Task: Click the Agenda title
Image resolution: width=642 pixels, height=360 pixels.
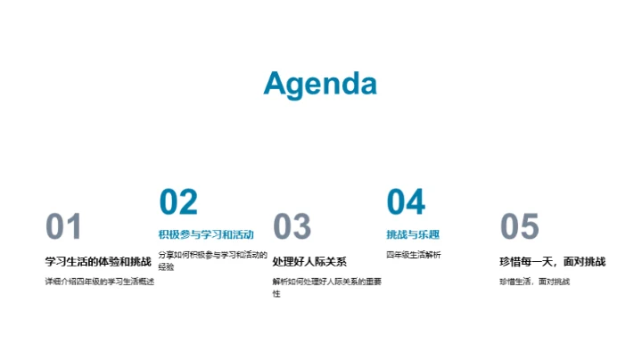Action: (x=320, y=84)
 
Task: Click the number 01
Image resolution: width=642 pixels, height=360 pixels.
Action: (x=63, y=227)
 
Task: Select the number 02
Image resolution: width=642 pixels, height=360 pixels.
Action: (x=177, y=202)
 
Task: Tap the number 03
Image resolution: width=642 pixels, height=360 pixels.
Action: (x=292, y=227)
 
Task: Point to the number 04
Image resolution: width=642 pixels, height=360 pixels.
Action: (x=406, y=202)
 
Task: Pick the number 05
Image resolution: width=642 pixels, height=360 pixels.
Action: (x=520, y=227)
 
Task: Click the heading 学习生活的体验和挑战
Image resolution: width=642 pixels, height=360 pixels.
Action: (x=98, y=261)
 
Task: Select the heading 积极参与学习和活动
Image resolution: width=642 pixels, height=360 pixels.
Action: (x=206, y=235)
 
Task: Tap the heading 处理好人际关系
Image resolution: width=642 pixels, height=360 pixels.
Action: (x=309, y=261)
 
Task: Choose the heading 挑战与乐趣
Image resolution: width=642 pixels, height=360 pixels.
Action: (x=413, y=235)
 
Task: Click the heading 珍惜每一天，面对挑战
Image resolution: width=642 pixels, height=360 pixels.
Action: (x=553, y=261)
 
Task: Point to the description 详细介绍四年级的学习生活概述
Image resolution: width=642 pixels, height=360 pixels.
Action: (x=100, y=282)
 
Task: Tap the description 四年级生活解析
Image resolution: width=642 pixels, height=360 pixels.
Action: (x=414, y=255)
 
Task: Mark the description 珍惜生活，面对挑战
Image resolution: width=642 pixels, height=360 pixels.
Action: (x=534, y=282)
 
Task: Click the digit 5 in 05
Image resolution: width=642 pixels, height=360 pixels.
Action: (x=530, y=227)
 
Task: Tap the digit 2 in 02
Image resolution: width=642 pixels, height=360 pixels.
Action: (x=188, y=202)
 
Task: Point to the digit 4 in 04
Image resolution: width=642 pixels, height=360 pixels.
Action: (x=416, y=202)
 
